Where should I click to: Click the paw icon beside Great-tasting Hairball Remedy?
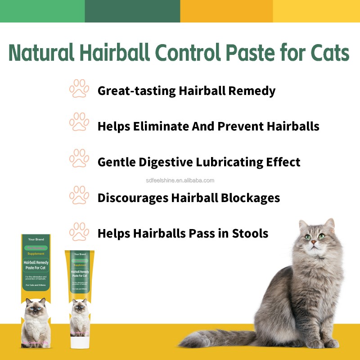79,89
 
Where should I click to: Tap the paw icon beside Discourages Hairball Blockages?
79,196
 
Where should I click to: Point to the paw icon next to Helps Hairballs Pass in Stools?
79,232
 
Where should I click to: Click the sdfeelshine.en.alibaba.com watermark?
180,180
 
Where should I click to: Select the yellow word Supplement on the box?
36,254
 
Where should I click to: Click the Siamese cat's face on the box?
36,310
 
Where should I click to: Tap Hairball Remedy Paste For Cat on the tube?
80,274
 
